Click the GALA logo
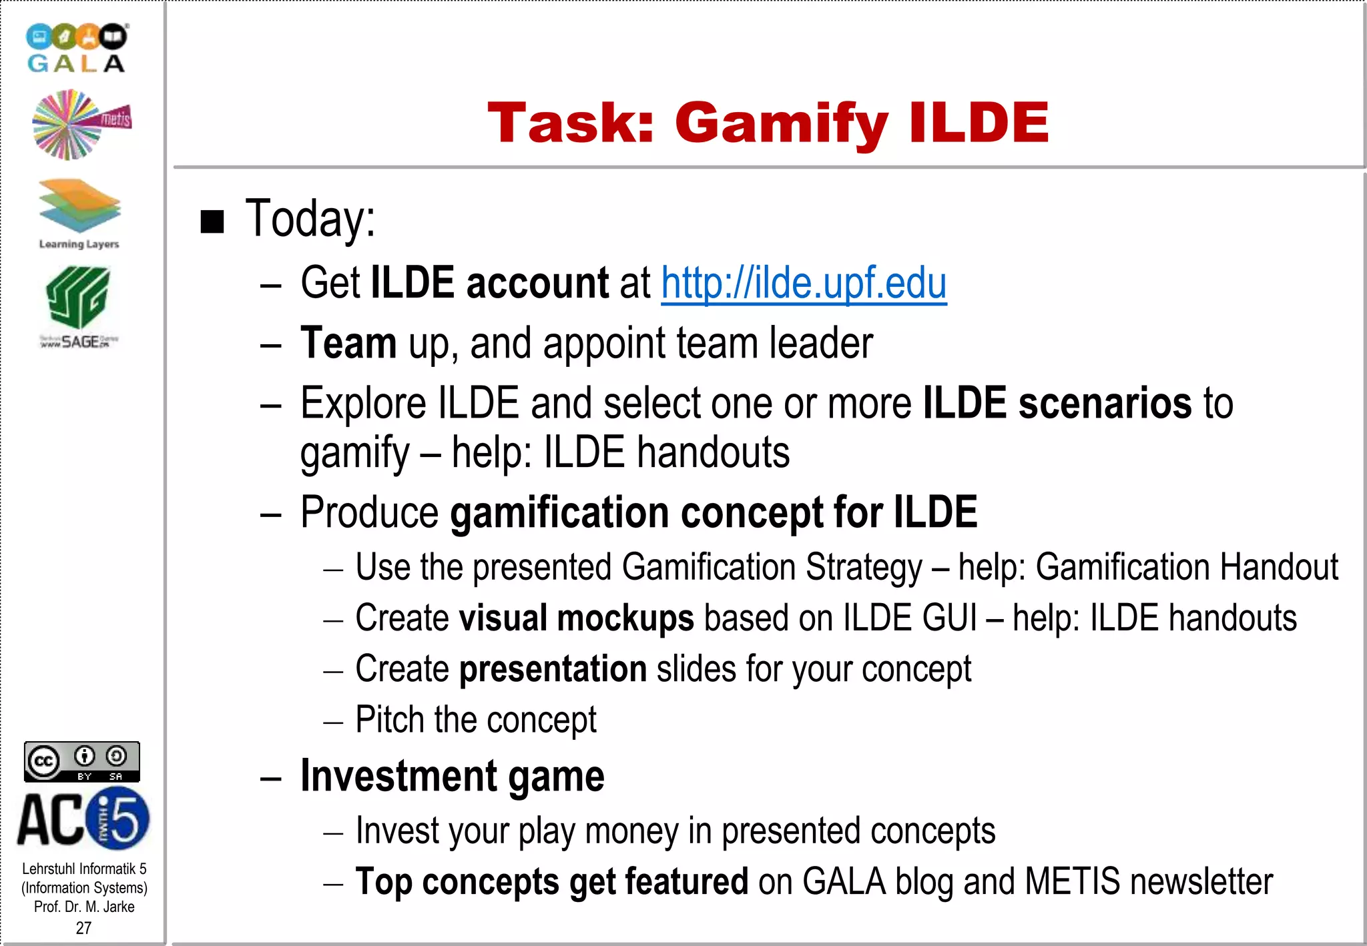[76, 48]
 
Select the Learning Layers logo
[79, 212]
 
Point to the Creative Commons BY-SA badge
[81, 761]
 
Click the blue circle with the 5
[120, 819]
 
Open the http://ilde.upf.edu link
[803, 283]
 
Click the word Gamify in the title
[781, 123]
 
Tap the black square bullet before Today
[212, 221]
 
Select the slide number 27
[83, 928]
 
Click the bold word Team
[348, 343]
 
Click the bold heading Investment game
[452, 776]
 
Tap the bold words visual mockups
[576, 618]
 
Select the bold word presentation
[553, 668]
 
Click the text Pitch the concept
[475, 720]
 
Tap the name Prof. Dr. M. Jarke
[84, 907]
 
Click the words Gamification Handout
[1186, 567]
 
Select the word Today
[310, 219]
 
